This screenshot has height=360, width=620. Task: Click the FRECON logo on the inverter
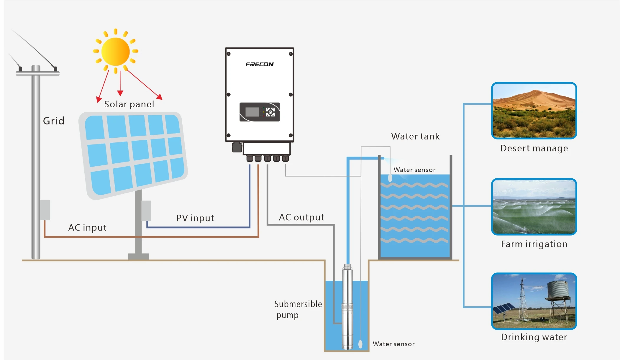click(259, 64)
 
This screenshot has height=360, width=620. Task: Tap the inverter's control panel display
click(259, 112)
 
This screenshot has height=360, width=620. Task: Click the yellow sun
click(116, 52)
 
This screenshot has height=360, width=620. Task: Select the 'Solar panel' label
click(129, 104)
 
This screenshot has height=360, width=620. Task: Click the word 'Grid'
click(53, 121)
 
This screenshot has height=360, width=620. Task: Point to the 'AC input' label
click(87, 228)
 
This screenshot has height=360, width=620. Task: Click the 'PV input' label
click(195, 218)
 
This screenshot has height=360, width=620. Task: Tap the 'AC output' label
click(301, 217)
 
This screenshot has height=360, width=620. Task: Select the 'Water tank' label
click(415, 137)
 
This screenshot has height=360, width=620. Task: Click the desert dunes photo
click(534, 111)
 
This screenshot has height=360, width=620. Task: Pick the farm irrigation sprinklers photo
click(534, 207)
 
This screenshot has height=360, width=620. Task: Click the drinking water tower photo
click(534, 301)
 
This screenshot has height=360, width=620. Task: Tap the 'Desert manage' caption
click(534, 148)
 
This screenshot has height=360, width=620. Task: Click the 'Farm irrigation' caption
click(534, 244)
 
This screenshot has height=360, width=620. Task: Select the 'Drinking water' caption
click(534, 337)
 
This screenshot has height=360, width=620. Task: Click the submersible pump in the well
click(347, 307)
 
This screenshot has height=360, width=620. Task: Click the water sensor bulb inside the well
click(360, 344)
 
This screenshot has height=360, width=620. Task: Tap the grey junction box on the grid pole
click(45, 210)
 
